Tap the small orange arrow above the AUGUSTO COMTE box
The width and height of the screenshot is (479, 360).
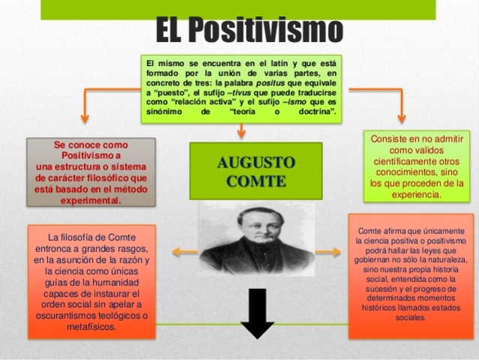[241, 133]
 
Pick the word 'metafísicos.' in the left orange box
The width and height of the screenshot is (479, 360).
[91, 327]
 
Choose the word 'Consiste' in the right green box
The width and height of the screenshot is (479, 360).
[389, 139]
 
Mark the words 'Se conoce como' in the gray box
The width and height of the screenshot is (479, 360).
[91, 143]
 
